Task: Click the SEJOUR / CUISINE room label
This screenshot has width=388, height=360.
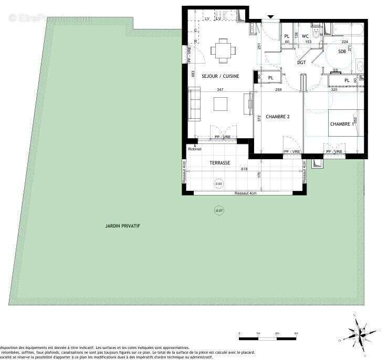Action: [220, 76]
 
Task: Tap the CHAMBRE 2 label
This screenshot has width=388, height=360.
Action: [278, 116]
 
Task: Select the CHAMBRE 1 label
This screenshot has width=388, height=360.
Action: [341, 124]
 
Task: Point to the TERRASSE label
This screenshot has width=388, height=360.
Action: [219, 163]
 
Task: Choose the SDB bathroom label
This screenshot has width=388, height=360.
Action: [342, 51]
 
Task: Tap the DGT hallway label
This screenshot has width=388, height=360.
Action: [301, 63]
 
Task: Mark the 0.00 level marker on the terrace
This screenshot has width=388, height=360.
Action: [218, 184]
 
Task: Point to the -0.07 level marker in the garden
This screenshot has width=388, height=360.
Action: [218, 211]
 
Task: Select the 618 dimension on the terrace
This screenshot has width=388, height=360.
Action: [244, 169]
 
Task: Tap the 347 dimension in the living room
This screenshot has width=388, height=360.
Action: [220, 90]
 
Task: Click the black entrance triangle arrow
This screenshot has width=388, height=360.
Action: [270, 17]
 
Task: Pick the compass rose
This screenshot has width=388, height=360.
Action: [360, 331]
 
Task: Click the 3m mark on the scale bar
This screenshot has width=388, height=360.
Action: [296, 333]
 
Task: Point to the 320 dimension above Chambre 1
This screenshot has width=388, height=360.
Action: [334, 90]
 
